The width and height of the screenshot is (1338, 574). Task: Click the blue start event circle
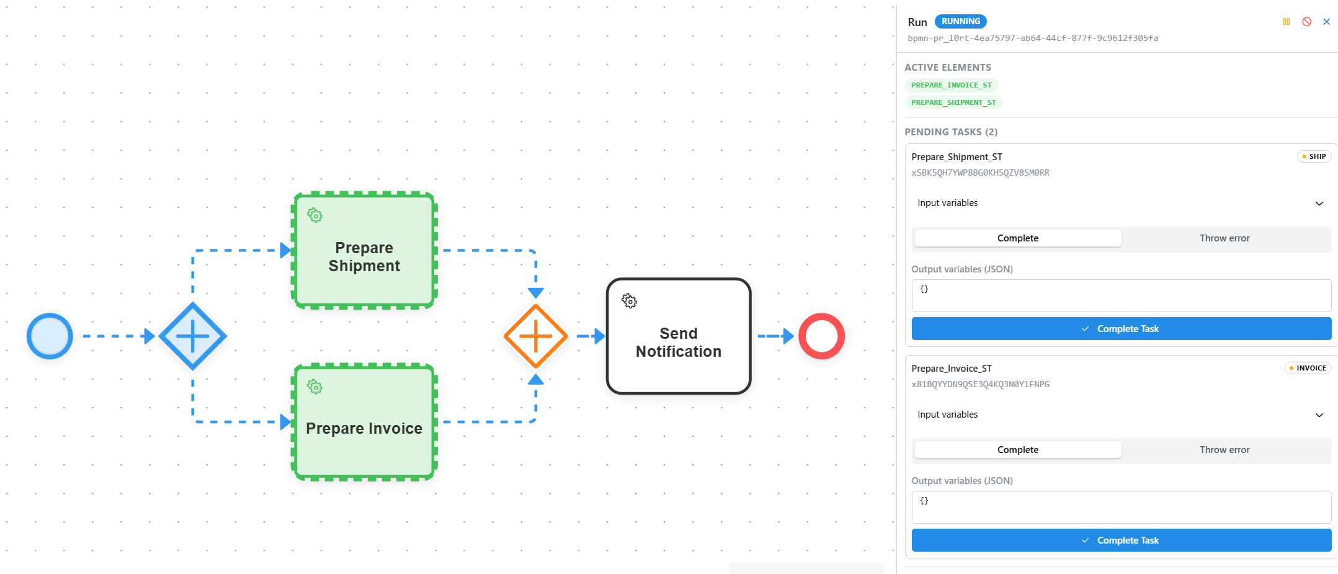point(50,336)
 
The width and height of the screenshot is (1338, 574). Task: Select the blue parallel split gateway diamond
point(192,336)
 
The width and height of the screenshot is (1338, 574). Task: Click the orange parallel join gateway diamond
point(535,336)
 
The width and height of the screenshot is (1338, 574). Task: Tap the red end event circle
point(821,336)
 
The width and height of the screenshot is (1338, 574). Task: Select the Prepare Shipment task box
point(364,250)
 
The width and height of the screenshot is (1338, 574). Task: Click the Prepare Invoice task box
point(364,422)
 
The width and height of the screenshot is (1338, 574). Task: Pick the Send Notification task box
point(679,336)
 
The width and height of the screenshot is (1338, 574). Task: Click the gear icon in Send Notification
point(629,301)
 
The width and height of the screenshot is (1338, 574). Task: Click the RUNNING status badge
point(960,21)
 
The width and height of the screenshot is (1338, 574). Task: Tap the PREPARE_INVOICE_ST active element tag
point(951,85)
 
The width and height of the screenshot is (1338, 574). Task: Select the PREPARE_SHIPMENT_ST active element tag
point(953,102)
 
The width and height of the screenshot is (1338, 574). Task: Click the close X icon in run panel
point(1326,22)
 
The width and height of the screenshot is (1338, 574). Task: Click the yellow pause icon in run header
point(1286,22)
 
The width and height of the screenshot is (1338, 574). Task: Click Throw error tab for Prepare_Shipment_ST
point(1224,238)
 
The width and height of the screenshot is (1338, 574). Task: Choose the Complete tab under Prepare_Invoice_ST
point(1018,450)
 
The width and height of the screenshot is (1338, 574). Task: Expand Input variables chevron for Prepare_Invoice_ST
point(1319,415)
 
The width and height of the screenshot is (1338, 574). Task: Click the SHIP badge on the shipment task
point(1314,156)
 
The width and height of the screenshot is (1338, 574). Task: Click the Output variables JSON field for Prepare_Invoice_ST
point(1122,507)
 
